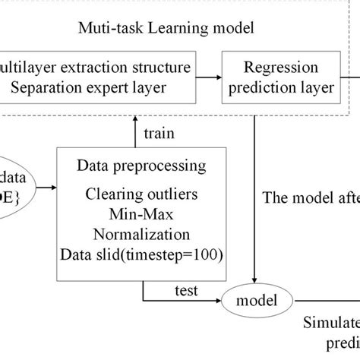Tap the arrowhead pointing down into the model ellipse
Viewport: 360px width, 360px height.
coord(258,283)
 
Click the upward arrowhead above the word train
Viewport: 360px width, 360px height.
coord(135,118)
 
